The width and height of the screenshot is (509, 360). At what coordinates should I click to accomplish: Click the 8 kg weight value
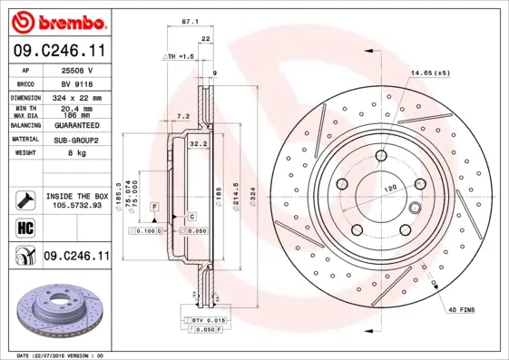click(x=76, y=153)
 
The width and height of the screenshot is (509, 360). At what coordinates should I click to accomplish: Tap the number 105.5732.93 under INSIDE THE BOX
click(x=76, y=205)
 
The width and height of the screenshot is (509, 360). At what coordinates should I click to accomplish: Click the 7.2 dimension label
click(x=182, y=116)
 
